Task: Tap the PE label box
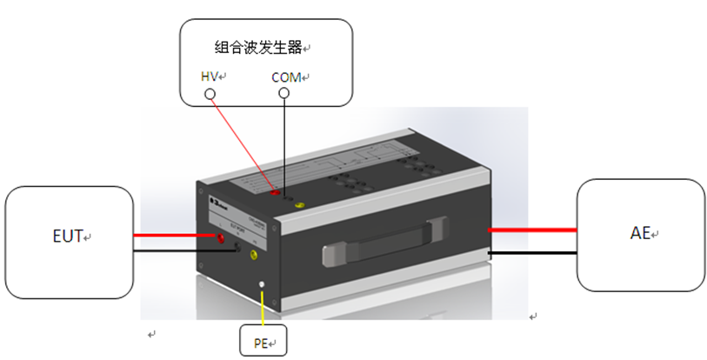click(261, 343)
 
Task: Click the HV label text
click(209, 77)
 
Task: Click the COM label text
click(285, 77)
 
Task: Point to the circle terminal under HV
click(209, 92)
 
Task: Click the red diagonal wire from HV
click(243, 143)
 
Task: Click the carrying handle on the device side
click(383, 247)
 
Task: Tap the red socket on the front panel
click(220, 237)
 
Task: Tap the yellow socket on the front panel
click(254, 256)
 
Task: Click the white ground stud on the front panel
click(261, 284)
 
